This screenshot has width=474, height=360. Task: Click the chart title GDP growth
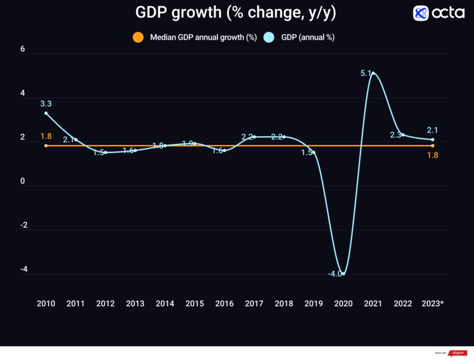[236, 13]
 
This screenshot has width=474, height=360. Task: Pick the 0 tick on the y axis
[23, 181]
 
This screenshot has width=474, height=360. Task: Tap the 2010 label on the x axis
[46, 303]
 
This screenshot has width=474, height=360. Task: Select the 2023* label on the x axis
[432, 303]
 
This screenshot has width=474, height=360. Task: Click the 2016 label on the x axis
[225, 303]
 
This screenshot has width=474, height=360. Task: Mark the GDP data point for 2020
[343, 274]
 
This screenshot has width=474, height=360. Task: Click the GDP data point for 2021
[373, 73]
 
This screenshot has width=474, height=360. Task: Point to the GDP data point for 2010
[46, 113]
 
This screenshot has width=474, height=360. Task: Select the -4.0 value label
[335, 274]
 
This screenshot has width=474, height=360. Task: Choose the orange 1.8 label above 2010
[46, 136]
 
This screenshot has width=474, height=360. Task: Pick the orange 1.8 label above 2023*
[432, 155]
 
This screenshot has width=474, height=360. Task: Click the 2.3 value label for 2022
[396, 135]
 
